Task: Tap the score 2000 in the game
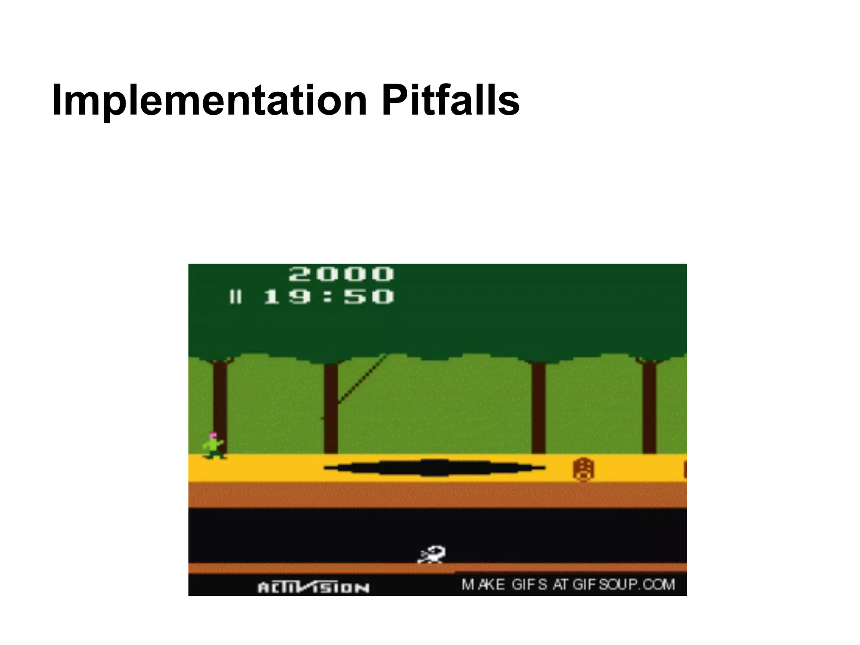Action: pos(341,274)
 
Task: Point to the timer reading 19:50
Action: pos(329,297)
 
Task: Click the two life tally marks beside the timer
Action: pos(236,297)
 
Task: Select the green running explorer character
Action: pos(214,446)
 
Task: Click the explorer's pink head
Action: pos(213,435)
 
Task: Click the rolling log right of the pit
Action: pos(583,469)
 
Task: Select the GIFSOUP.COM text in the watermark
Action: pos(624,585)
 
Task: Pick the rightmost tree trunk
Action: pos(649,407)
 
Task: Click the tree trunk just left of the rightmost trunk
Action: pos(538,407)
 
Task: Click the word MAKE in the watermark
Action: pos(483,585)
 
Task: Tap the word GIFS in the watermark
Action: pos(530,585)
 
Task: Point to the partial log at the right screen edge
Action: pos(684,469)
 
